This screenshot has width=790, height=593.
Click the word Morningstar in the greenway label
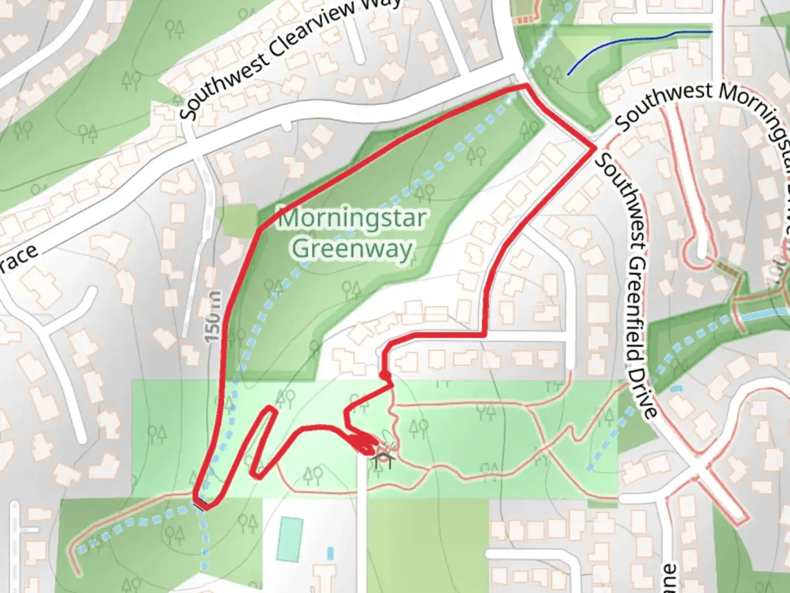point(352,219)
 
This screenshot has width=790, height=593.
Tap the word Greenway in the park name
point(352,249)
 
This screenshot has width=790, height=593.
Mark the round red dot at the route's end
point(384,375)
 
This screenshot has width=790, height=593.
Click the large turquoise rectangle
point(289,539)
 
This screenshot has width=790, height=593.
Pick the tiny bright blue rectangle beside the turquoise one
point(330,553)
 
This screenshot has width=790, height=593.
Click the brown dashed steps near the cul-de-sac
point(726,270)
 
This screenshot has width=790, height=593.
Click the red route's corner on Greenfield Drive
point(595,148)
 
